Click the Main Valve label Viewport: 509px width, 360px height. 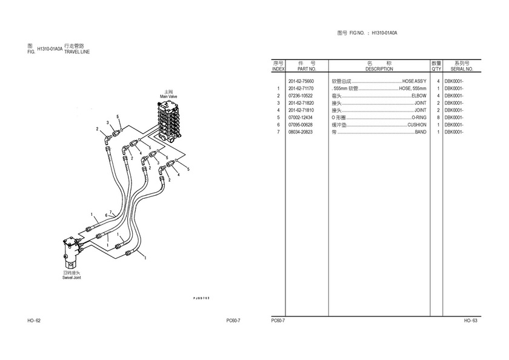(x=168, y=96)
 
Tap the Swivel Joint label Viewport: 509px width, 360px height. (x=72, y=278)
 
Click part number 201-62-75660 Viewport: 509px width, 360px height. (x=301, y=81)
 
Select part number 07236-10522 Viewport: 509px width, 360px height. (x=301, y=96)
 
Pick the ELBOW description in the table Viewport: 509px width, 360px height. (x=419, y=96)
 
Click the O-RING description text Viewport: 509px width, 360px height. (x=419, y=118)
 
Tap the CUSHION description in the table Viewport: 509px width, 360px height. (x=417, y=125)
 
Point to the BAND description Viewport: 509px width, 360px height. (x=421, y=132)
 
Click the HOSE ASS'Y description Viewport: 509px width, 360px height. (x=414, y=81)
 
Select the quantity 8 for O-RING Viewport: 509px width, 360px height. (x=438, y=118)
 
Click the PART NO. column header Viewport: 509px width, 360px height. (x=307, y=69)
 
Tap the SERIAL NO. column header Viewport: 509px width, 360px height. (x=462, y=69)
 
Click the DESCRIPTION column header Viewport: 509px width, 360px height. (x=379, y=69)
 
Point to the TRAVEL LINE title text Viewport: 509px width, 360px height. (x=77, y=52)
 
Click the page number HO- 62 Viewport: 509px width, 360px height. (x=34, y=321)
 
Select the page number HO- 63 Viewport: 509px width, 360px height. (x=471, y=321)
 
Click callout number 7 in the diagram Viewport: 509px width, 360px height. (x=110, y=212)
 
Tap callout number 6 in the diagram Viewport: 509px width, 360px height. (x=106, y=215)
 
